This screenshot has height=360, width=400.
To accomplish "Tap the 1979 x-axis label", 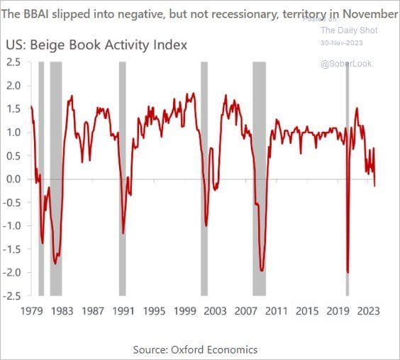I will pyautogui.click(x=31, y=310).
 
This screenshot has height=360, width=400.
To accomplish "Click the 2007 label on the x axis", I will pyautogui.click(x=246, y=310).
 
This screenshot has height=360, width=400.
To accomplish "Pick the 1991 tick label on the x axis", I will pyautogui.click(x=123, y=310).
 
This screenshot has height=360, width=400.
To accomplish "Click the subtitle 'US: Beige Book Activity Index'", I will pyautogui.click(x=96, y=45).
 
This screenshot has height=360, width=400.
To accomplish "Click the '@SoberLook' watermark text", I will pyautogui.click(x=346, y=64).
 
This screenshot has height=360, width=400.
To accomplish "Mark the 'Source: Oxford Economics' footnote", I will pyautogui.click(x=195, y=349).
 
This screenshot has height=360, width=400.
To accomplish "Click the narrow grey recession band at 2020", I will pyautogui.click(x=348, y=177).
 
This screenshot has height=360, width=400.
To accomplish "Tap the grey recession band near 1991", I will pyautogui.click(x=122, y=177).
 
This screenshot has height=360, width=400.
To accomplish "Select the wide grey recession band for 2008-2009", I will pyautogui.click(x=260, y=177).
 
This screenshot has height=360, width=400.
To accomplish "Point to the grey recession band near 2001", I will pyautogui.click(x=204, y=177).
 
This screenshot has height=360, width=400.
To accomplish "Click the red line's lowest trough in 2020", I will pyautogui.click(x=348, y=272).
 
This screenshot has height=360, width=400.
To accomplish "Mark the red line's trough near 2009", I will pyautogui.click(x=262, y=270).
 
